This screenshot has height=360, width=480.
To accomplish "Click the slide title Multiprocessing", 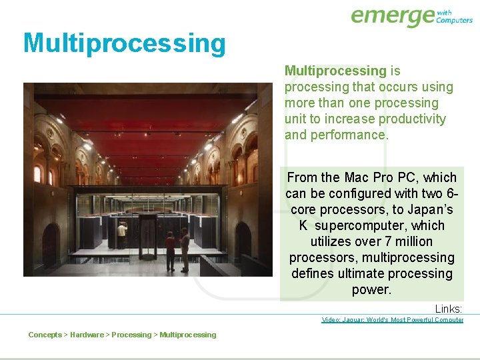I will click(125, 43).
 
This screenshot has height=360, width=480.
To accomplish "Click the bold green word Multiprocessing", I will click(335, 71).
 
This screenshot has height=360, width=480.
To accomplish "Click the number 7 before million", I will click(387, 241).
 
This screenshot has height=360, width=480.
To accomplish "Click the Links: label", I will click(448, 309).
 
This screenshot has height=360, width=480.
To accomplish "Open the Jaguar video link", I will click(392, 320).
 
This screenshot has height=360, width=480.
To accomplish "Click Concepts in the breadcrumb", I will click(45, 335).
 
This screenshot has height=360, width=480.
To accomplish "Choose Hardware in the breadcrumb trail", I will click(87, 335).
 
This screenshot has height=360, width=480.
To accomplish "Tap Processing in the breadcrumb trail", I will click(131, 335).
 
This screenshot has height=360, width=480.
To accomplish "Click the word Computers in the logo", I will click(455, 20).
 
